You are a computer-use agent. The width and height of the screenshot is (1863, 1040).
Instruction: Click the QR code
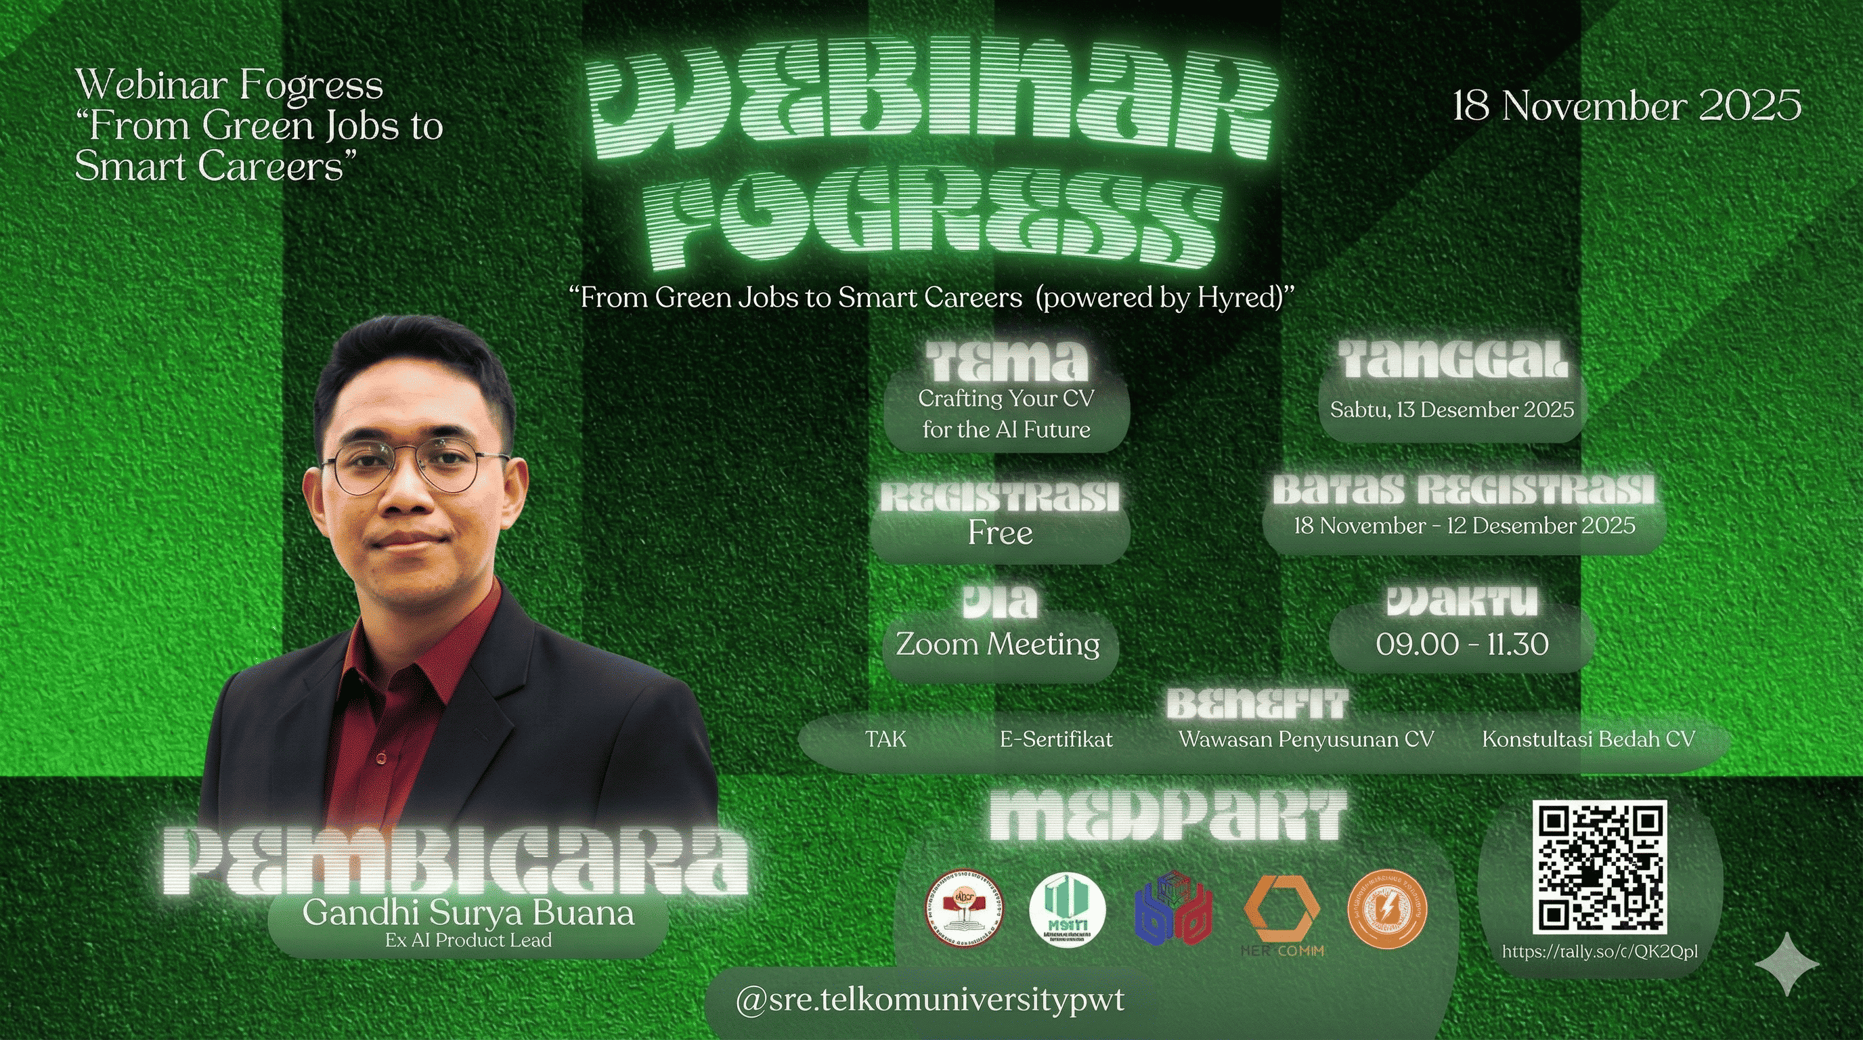click(1600, 867)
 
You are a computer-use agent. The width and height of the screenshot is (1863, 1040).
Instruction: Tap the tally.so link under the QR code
click(1600, 952)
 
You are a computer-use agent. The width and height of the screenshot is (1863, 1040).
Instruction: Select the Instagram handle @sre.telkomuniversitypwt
click(929, 1000)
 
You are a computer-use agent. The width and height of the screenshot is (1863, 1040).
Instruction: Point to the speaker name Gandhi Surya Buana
click(468, 913)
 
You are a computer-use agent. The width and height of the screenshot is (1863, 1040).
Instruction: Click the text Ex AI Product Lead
click(468, 940)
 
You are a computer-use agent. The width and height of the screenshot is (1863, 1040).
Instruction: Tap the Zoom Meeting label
click(998, 644)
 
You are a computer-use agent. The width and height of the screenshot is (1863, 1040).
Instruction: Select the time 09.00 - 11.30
click(1462, 645)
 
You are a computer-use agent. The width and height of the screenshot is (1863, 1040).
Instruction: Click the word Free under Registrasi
click(1000, 534)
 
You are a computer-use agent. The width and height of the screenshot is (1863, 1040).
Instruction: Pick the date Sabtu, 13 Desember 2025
click(1452, 410)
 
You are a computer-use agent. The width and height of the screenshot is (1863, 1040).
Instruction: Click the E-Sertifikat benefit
click(1056, 740)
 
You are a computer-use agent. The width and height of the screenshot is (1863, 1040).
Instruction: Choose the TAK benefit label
click(885, 740)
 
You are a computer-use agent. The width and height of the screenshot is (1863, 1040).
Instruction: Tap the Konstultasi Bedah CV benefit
click(1588, 740)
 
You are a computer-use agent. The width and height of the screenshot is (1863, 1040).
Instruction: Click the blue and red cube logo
click(1174, 909)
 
